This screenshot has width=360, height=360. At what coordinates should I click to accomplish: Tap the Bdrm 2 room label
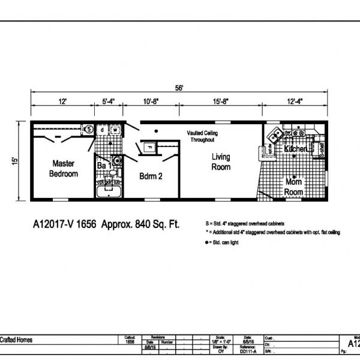tap(151, 177)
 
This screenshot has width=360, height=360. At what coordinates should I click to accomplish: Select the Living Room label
tap(220, 162)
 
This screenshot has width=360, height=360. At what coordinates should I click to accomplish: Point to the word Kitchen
tap(296, 148)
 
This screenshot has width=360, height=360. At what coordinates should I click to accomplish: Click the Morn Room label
tap(294, 187)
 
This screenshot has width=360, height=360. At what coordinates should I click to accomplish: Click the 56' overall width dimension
tap(179, 88)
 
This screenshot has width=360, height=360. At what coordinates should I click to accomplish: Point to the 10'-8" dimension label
tap(150, 102)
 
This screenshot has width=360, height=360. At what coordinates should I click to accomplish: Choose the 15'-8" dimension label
tap(220, 102)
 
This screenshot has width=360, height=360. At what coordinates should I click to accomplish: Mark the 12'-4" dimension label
tap(295, 102)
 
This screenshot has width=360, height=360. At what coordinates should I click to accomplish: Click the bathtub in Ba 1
tap(109, 193)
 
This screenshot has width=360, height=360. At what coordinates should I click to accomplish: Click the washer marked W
tap(114, 129)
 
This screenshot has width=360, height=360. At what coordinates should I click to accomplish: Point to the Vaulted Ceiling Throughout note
tap(202, 136)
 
